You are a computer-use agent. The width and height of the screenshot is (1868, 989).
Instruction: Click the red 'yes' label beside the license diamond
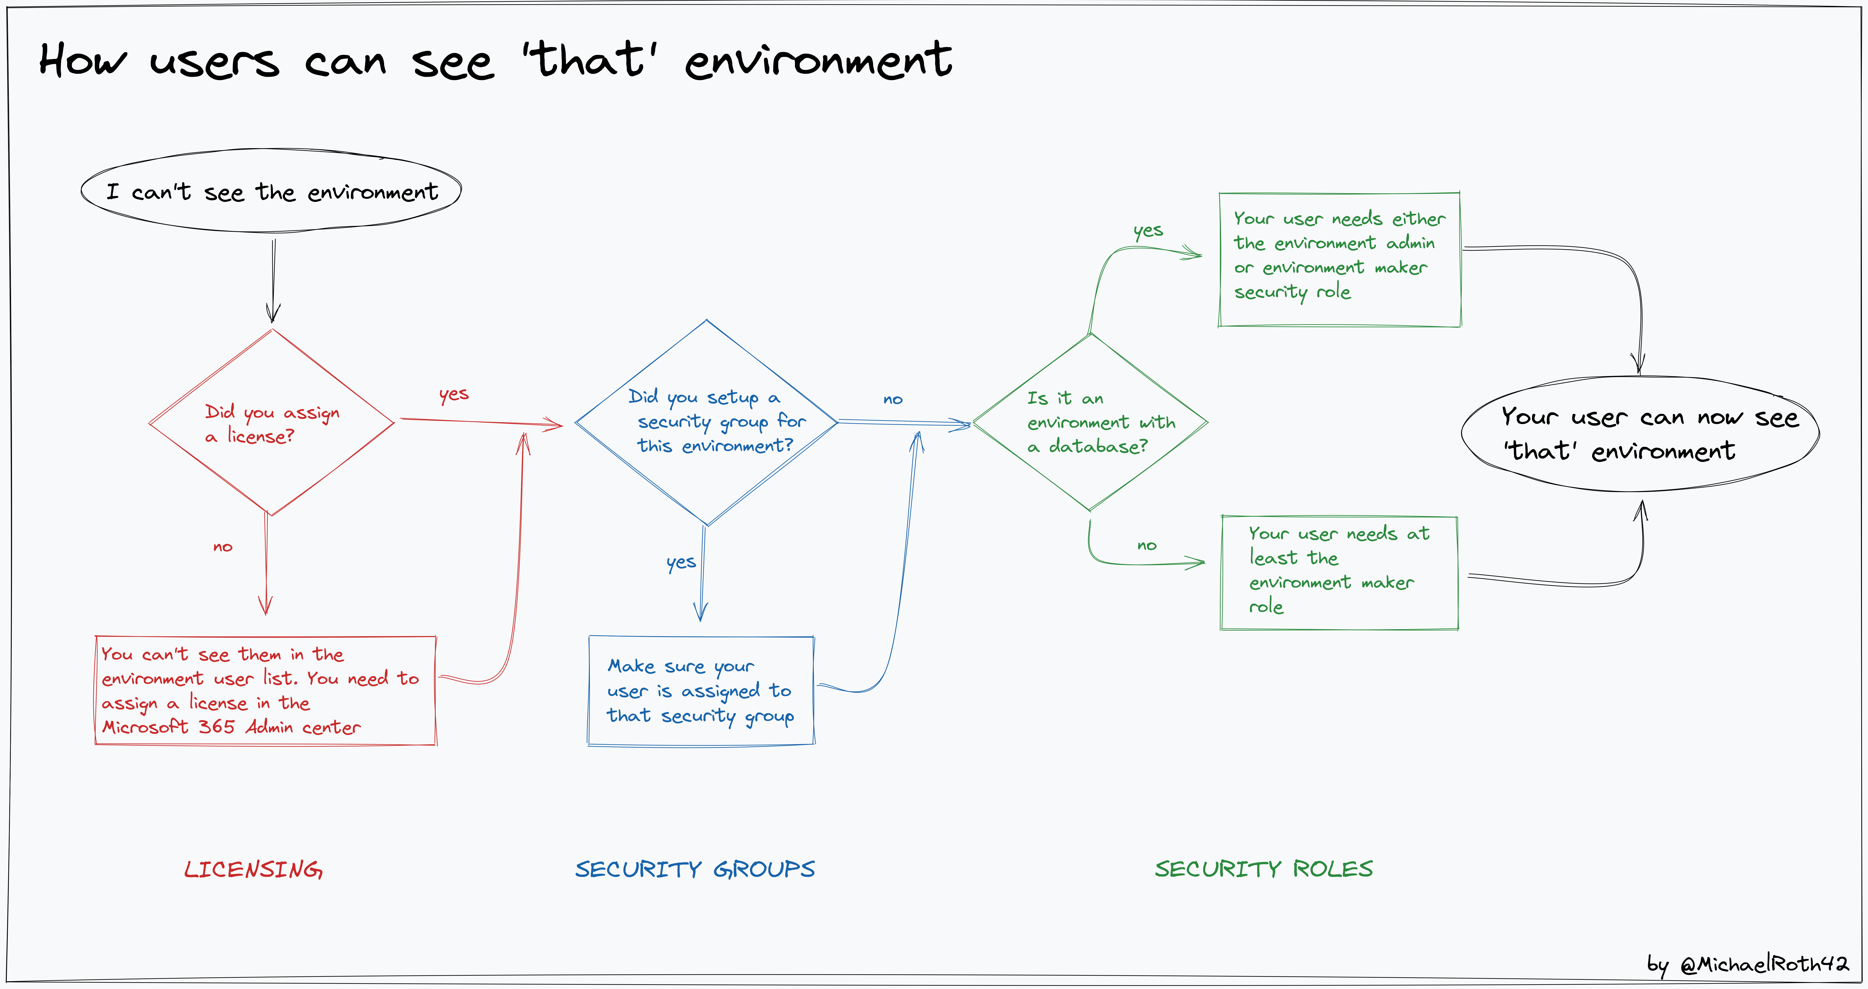click(x=454, y=395)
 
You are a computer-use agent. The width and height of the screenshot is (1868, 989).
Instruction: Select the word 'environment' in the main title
click(x=818, y=61)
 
